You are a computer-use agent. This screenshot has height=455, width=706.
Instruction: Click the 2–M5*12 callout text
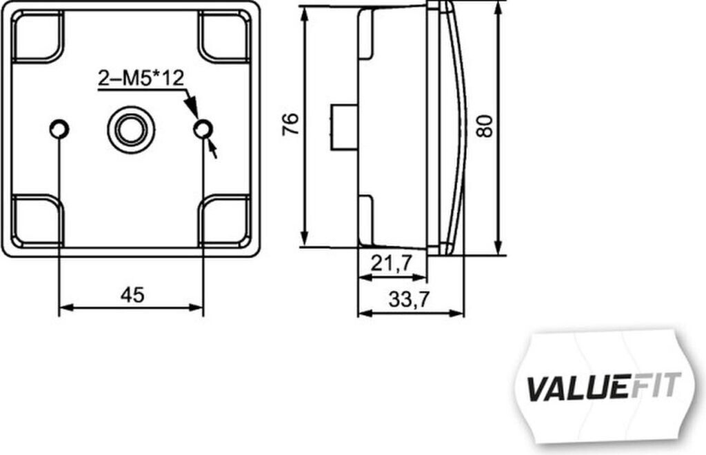tap(141, 79)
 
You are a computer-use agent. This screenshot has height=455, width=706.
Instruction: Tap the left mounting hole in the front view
tap(59, 129)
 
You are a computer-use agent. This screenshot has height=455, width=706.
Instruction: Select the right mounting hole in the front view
tap(203, 130)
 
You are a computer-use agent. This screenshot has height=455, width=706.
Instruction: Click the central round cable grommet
tap(131, 130)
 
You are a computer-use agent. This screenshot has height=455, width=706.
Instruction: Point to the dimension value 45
tap(132, 295)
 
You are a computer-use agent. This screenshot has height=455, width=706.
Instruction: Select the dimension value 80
tap(485, 126)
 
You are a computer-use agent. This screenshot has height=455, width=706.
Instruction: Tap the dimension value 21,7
tap(392, 263)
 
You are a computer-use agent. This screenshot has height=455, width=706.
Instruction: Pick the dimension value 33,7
tap(410, 299)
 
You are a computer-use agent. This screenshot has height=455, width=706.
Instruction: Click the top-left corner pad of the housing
tap(37, 36)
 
